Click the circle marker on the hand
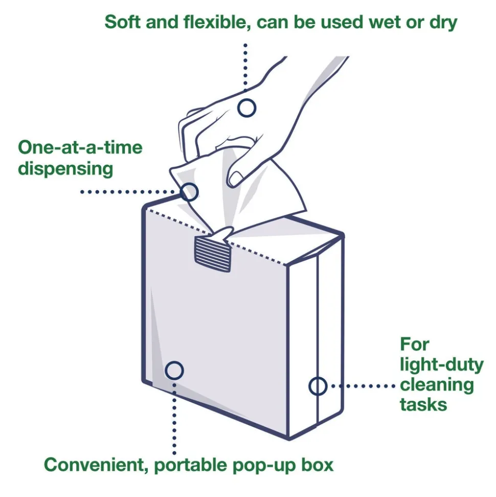(x=247, y=107)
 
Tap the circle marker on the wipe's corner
(x=189, y=192)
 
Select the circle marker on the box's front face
(x=174, y=370)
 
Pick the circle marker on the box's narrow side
(x=318, y=385)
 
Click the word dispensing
(x=65, y=168)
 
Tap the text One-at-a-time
(x=80, y=147)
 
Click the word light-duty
(x=441, y=364)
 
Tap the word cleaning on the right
(x=437, y=384)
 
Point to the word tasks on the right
(x=423, y=404)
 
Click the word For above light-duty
(x=414, y=344)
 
